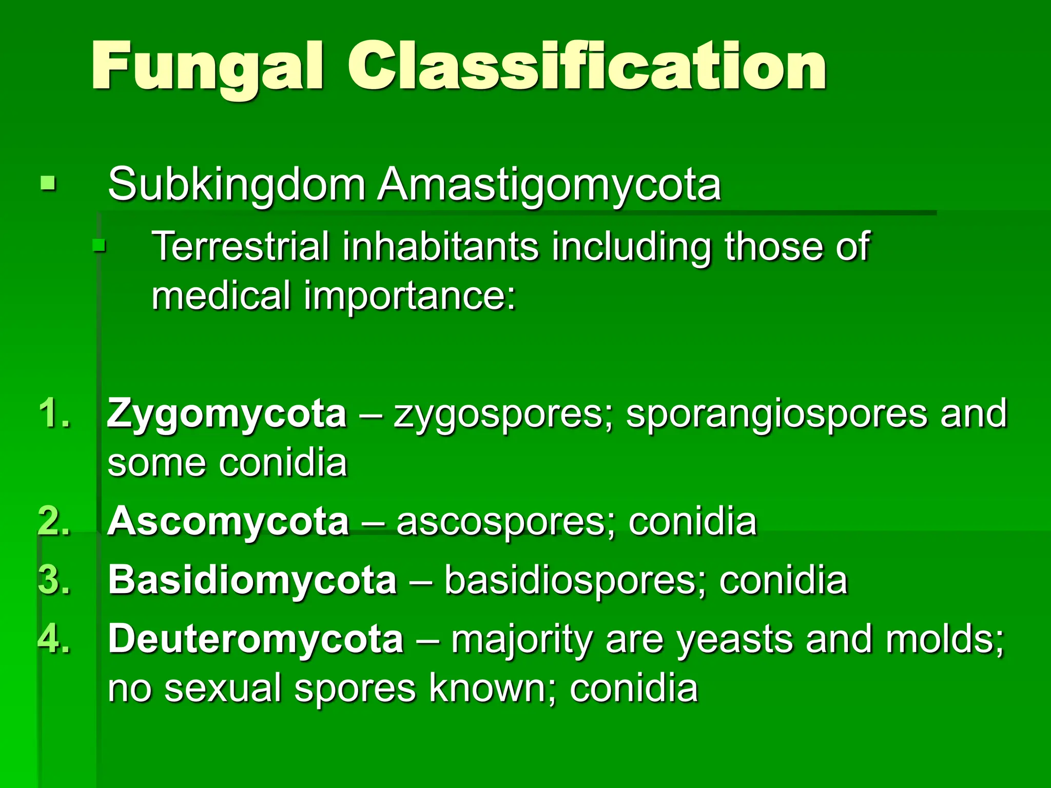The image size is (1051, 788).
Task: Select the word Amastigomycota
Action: [x=549, y=186]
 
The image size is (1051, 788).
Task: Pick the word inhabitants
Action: [x=440, y=246]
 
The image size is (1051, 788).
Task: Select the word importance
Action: [x=409, y=297]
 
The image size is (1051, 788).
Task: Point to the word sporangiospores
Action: [x=776, y=415]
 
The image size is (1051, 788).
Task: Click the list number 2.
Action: [x=54, y=521]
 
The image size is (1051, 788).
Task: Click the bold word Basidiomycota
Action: [x=252, y=580]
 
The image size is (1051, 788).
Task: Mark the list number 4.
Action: [x=54, y=639]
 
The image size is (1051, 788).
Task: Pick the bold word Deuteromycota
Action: [x=256, y=639]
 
